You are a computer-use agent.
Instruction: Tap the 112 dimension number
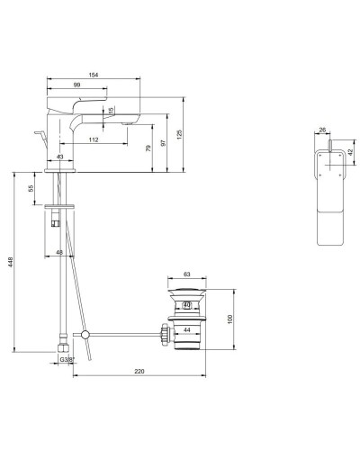pos(94,139)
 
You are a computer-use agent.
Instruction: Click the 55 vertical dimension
pos(31,189)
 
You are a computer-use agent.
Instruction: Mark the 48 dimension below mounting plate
pos(60,252)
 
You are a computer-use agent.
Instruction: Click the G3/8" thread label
pos(66,361)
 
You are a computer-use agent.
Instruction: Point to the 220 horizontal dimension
pos(139,370)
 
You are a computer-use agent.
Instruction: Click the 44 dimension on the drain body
pos(186,331)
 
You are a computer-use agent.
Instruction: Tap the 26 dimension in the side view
pos(325,130)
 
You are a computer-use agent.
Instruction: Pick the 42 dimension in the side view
pos(353,151)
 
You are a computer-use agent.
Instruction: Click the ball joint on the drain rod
pos(85,337)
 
